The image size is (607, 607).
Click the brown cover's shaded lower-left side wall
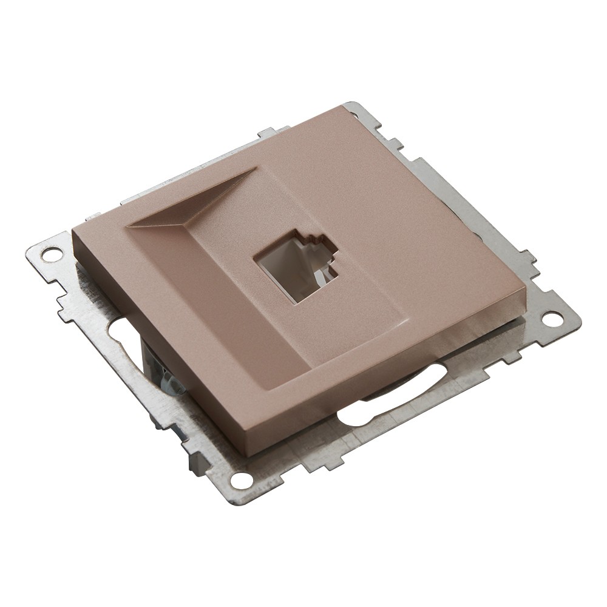[x=158, y=340]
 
